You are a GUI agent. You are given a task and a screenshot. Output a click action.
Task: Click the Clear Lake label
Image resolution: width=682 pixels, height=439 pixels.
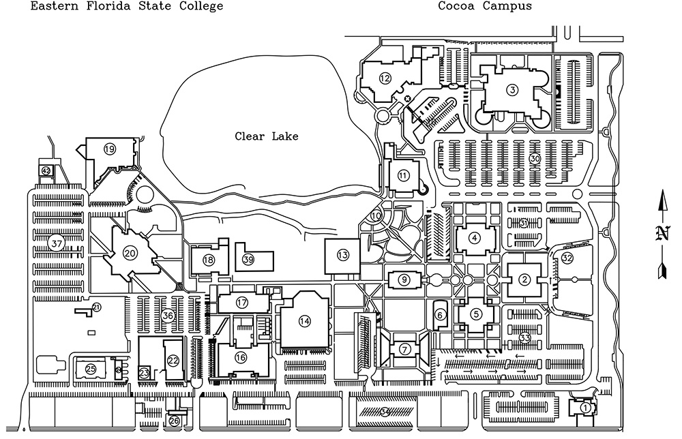(267, 136)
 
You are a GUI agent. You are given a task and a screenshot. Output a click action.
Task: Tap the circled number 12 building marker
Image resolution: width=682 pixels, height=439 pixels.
(385, 78)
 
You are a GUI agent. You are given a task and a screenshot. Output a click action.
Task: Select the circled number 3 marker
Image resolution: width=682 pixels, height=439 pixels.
(513, 89)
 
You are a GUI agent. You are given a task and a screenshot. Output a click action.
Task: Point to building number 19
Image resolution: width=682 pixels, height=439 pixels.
(109, 148)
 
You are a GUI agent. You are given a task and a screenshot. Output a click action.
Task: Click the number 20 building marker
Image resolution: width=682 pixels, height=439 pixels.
(130, 252)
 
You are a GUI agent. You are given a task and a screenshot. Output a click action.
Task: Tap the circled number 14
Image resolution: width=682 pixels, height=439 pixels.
(304, 320)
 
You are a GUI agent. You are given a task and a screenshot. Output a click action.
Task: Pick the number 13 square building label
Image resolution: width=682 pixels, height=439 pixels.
(342, 255)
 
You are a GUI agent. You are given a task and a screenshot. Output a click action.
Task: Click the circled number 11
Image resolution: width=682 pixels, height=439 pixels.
(404, 175)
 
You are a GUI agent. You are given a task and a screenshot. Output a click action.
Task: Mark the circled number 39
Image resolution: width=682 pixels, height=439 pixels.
(248, 259)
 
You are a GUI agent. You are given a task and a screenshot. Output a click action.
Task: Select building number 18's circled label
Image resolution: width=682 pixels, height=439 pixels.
(209, 260)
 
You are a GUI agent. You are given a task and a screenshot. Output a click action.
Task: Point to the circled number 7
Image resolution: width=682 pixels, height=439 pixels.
(405, 350)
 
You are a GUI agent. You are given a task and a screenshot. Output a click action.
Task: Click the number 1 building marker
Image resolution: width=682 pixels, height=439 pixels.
(584, 408)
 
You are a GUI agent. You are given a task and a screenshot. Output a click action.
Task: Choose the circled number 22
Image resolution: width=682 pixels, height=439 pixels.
(173, 361)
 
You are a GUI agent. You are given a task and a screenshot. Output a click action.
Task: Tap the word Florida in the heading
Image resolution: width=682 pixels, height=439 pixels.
(100, 6)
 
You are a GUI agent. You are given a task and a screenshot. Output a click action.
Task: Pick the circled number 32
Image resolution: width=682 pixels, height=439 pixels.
(567, 258)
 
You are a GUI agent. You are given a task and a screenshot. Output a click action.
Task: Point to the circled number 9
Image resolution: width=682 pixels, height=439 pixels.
(404, 279)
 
